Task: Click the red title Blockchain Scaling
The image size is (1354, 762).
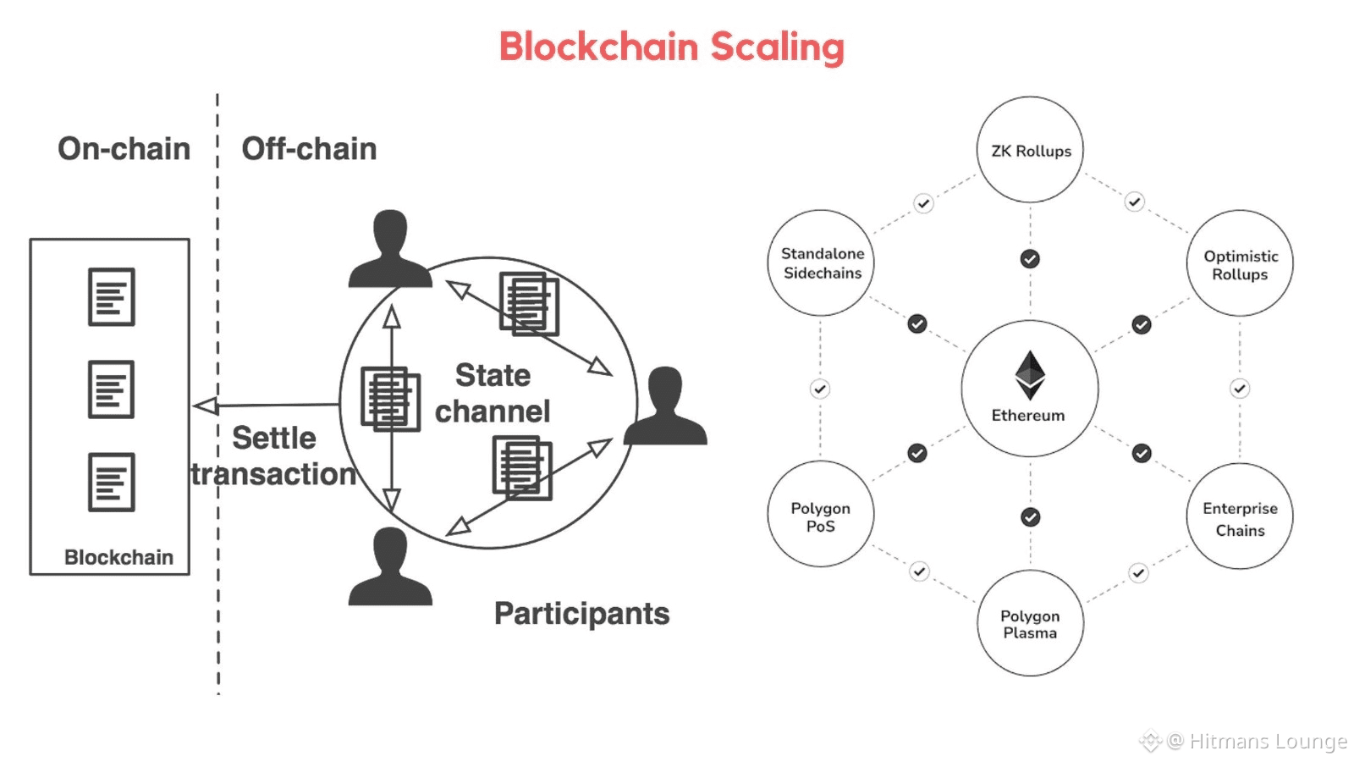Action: click(672, 47)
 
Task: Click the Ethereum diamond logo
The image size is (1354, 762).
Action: click(1030, 375)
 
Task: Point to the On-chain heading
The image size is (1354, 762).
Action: click(124, 149)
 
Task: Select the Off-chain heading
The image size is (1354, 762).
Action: click(309, 149)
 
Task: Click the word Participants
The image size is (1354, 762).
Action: click(581, 615)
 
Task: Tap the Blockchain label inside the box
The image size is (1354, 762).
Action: click(118, 557)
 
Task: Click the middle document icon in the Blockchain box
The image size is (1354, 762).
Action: click(111, 389)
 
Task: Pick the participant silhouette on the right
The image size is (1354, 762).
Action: click(665, 406)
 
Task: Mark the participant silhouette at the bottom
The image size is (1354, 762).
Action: click(390, 566)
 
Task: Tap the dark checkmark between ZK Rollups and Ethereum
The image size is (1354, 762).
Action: click(1030, 259)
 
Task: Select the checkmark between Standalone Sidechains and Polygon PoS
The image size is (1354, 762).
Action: click(820, 389)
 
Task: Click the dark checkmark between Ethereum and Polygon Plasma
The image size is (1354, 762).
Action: click(1031, 517)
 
